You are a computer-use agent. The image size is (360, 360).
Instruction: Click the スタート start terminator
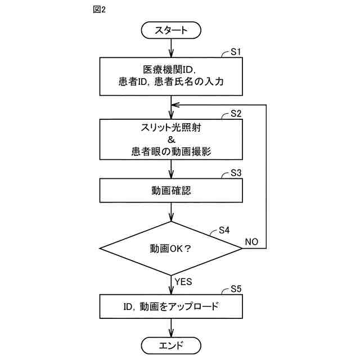pos(171,30)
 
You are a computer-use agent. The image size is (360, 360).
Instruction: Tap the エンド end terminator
pos(171,344)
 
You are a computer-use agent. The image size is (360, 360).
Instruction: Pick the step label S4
pos(224,230)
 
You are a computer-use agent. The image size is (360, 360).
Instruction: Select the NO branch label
pos(251,242)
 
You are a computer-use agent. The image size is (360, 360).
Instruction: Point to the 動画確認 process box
pos(171,190)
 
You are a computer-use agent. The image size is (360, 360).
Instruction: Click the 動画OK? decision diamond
pos(171,248)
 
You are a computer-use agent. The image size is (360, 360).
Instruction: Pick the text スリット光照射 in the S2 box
pos(171,127)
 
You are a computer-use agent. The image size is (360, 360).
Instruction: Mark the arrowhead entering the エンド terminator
pos(171,334)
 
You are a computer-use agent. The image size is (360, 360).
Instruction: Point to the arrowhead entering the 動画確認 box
pos(171,175)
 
